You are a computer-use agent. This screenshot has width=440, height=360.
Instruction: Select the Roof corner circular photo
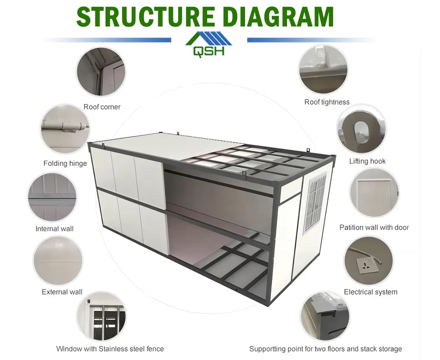coord(101,72)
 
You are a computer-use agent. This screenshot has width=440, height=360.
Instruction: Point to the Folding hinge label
coord(65,163)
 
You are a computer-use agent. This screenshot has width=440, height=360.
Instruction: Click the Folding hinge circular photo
coord(65,129)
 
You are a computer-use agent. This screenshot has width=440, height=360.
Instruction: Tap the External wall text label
coord(62,292)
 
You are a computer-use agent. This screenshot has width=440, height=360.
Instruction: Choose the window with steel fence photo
coord(101,317)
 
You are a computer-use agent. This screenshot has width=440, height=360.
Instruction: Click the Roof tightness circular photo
coord(323,69)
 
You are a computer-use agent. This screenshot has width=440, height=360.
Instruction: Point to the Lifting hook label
coord(367,161)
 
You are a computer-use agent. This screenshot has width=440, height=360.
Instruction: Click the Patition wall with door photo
coord(374,192)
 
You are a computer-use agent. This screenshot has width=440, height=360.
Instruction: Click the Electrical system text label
coord(371,292)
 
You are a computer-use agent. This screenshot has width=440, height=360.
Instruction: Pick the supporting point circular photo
coord(325,317)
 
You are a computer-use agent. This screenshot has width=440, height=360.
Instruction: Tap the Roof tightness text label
coord(327,102)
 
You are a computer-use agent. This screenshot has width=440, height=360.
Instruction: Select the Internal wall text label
coord(54,229)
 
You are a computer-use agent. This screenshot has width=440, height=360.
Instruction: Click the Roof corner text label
coord(102,107)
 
